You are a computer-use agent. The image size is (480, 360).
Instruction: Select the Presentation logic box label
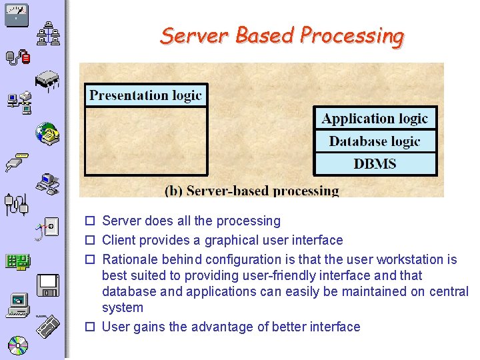tap(146, 95)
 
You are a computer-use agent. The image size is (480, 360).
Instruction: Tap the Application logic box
tap(375, 119)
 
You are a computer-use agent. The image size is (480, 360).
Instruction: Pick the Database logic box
tap(375, 141)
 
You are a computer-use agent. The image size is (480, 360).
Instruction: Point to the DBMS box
tap(375, 164)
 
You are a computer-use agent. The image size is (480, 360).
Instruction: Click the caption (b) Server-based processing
tap(252, 191)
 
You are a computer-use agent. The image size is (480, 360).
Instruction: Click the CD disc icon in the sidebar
tap(17, 345)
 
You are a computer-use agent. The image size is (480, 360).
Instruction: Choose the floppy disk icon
tap(48, 285)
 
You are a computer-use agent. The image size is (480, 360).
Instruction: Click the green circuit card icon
tap(17, 261)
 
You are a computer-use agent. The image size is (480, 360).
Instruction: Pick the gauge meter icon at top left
tap(16, 14)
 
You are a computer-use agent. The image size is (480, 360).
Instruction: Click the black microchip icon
tap(47, 81)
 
